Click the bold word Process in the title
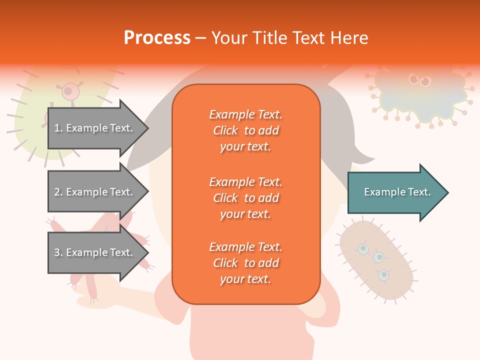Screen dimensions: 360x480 coord(157,37)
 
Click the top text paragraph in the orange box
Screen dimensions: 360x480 coord(245,130)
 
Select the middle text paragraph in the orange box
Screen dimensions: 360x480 coord(245,198)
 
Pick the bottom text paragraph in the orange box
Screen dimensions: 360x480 coord(245,263)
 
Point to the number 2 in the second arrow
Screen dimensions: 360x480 coord(56,192)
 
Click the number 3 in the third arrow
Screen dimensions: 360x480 coord(56,252)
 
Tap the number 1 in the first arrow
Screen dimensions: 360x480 coord(56,128)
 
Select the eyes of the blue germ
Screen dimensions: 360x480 coord(419,79)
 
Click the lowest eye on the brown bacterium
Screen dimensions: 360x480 coord(383,274)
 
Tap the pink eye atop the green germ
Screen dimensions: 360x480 coord(69,91)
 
